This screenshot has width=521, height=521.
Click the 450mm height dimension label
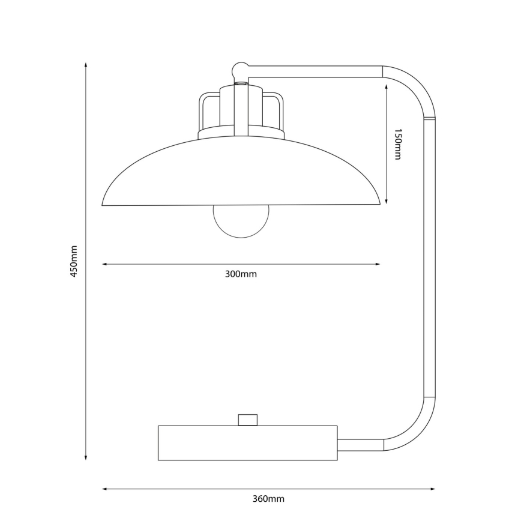point(74,262)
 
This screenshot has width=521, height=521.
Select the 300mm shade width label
point(241,274)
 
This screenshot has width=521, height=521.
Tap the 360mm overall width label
point(268,499)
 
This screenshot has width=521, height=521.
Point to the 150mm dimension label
point(397,144)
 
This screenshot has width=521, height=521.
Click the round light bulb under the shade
point(241,221)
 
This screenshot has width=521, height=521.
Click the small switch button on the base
point(248,420)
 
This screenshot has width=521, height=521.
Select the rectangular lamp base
point(247,443)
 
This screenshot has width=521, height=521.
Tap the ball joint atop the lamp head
point(240,69)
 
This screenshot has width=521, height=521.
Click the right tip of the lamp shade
point(379,203)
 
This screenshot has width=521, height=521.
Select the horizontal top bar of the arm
point(315,71)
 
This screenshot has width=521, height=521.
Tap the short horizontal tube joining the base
point(360,445)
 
